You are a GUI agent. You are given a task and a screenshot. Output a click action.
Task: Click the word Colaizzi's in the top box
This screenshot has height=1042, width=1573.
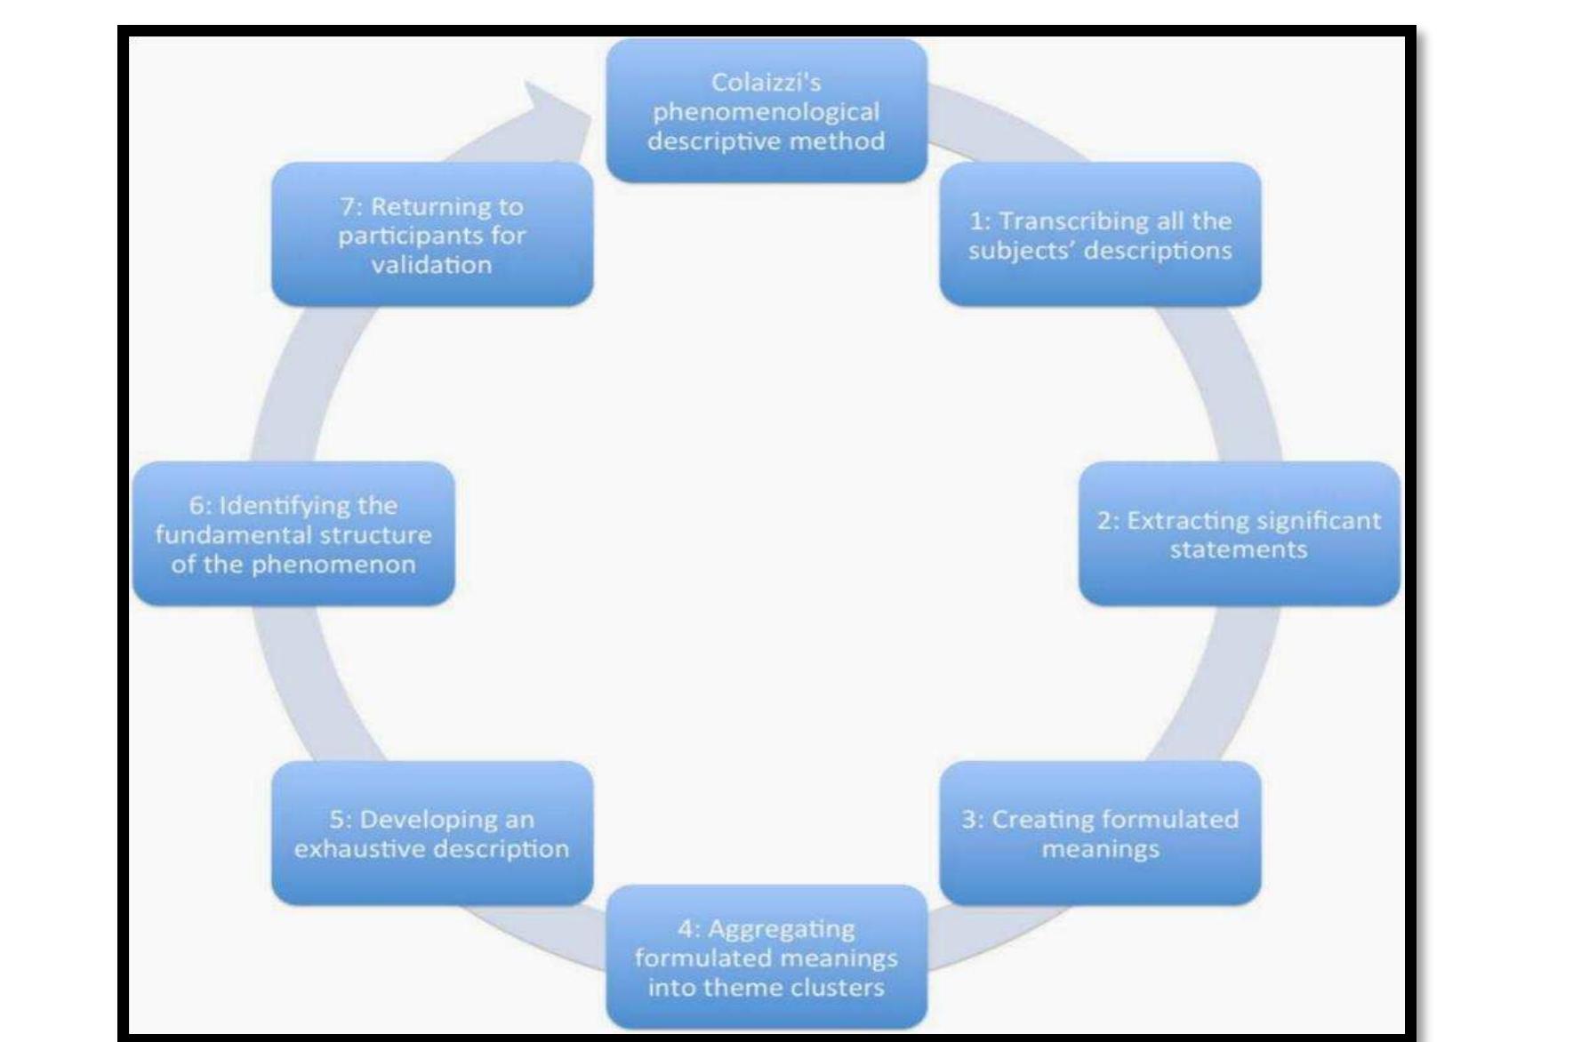pos(766,83)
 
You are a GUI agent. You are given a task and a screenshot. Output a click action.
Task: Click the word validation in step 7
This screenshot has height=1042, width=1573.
pos(431,265)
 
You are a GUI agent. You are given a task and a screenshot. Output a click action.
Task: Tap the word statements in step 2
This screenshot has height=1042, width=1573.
pos(1238,549)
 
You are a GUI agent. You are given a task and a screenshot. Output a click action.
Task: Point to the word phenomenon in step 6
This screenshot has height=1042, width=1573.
pos(333,565)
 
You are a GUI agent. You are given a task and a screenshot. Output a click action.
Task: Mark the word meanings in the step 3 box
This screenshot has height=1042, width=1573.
pos(1100,849)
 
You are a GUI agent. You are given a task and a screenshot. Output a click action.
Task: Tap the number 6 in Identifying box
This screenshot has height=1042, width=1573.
pos(196,506)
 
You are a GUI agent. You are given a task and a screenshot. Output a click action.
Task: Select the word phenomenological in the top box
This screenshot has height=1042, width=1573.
pos(766,112)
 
